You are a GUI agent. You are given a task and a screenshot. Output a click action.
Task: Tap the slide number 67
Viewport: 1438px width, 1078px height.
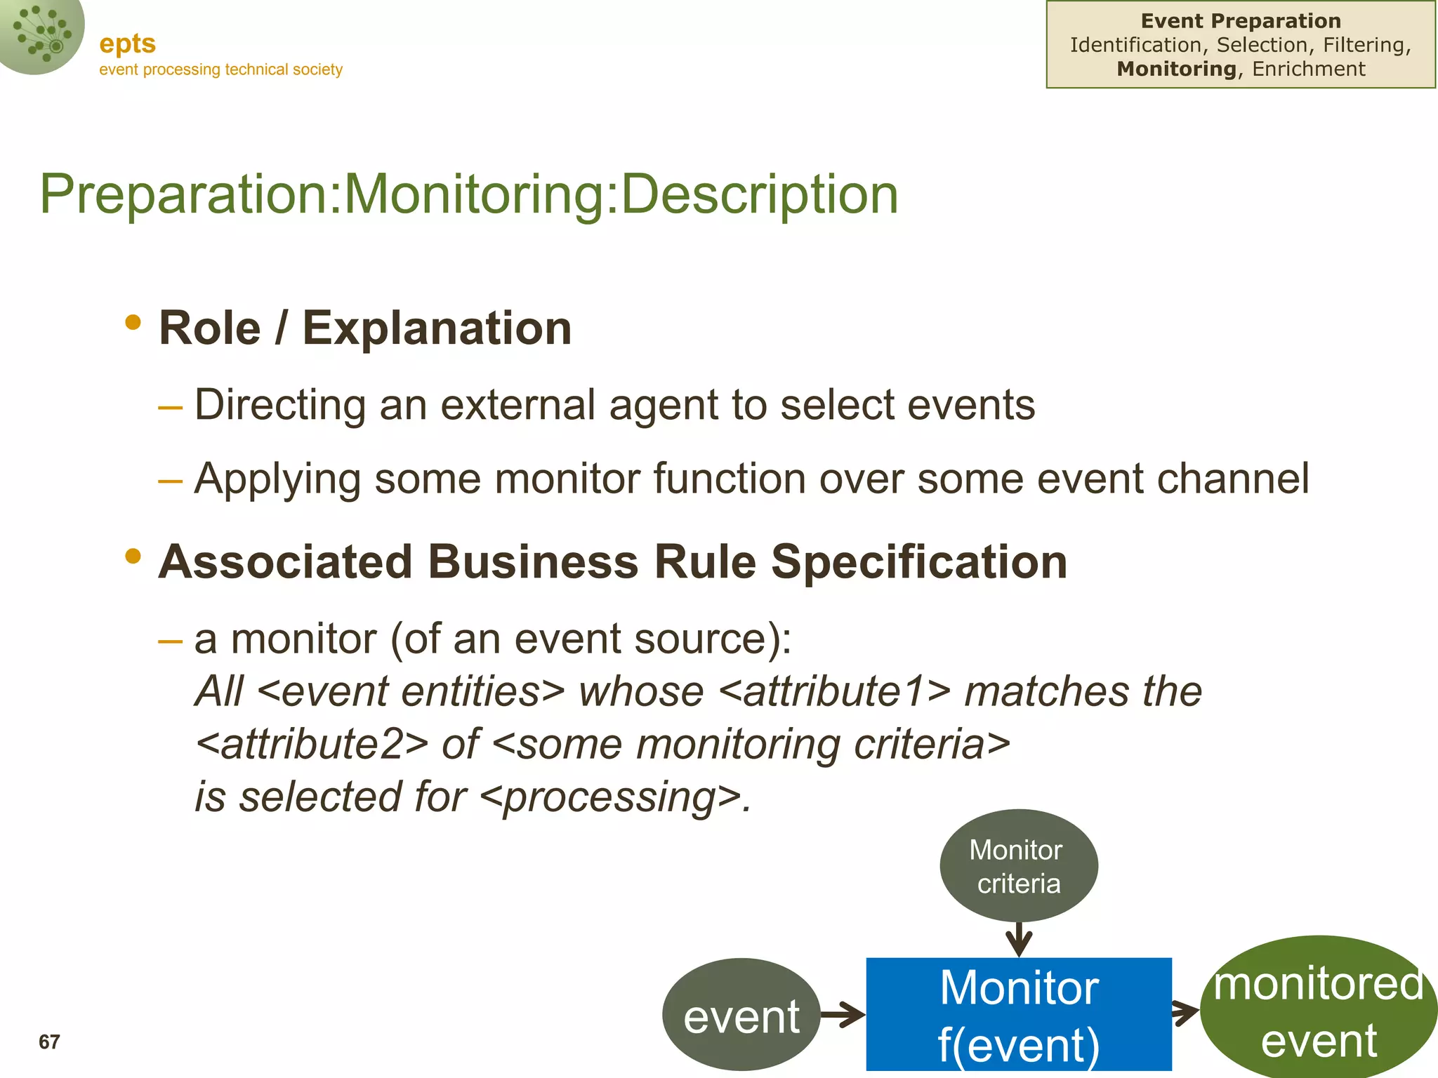point(49,1042)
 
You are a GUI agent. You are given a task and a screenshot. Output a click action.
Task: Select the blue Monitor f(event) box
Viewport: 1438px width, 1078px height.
point(1018,1014)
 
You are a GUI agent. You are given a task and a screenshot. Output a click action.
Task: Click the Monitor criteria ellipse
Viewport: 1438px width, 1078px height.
point(1018,865)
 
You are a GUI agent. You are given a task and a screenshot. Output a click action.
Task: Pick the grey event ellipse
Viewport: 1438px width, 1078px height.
point(741,1015)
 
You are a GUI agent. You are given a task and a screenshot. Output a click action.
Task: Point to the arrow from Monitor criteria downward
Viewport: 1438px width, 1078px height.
point(1019,939)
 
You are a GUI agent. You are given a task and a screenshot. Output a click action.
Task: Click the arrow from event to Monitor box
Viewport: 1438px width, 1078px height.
point(843,1014)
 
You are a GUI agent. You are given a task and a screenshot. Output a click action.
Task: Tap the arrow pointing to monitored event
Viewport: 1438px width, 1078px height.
point(1186,1013)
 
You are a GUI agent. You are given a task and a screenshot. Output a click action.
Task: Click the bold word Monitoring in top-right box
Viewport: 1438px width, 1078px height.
point(1176,69)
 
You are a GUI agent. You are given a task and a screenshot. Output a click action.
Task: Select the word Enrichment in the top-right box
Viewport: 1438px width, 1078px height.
point(1309,69)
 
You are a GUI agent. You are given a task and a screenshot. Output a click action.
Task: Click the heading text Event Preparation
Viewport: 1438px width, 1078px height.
point(1241,21)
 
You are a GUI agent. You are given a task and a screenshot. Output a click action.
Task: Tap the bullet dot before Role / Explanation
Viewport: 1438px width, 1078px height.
point(133,323)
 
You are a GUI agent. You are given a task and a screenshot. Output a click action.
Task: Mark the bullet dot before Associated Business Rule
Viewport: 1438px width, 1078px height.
point(133,557)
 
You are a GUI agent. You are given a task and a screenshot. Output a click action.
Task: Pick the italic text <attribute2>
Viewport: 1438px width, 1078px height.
point(311,744)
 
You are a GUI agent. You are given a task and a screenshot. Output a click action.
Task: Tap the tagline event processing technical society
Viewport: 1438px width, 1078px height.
point(220,69)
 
